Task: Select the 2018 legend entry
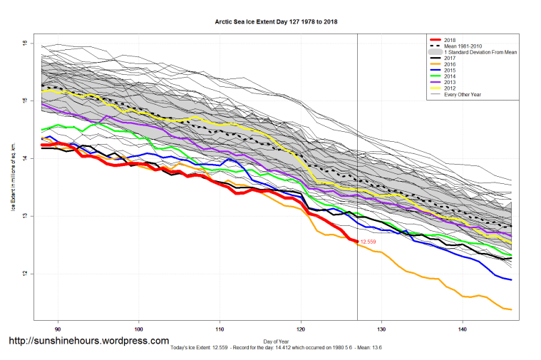pos(450,40)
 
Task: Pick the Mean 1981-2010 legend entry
pos(465,46)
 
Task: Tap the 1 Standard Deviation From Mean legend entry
pos(480,53)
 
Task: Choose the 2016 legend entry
pos(450,64)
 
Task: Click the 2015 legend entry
pos(450,70)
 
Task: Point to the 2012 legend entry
pos(450,88)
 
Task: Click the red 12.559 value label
pos(368,242)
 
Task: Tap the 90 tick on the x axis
pos(57,329)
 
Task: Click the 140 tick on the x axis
pos(463,329)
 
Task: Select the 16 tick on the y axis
pos(24,43)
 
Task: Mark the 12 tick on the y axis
pos(24,274)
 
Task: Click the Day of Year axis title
pos(276,340)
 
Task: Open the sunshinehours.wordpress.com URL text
pos(88,341)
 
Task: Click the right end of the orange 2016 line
pos(511,309)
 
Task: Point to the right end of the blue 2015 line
pos(511,279)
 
